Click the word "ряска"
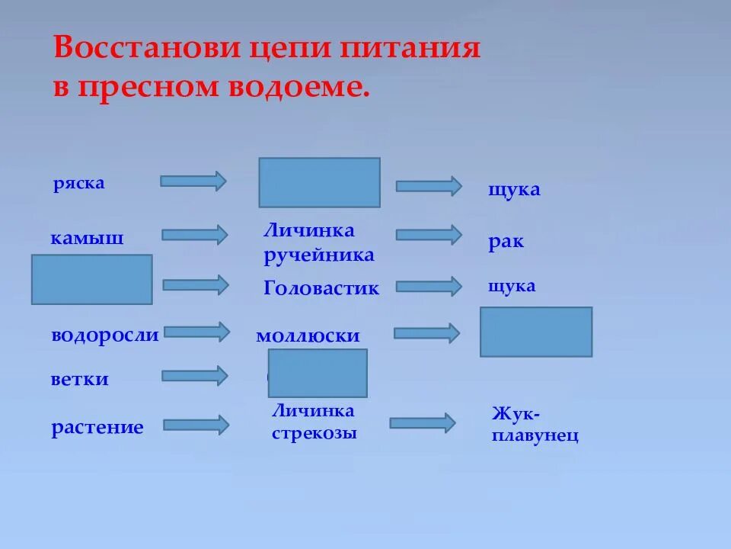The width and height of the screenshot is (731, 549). (78, 184)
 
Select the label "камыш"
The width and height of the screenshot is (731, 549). (87, 238)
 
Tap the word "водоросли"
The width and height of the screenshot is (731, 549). (105, 335)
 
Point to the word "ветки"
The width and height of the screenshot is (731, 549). (80, 379)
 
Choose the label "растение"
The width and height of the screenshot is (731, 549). (97, 427)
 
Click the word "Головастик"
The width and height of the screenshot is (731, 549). (321, 288)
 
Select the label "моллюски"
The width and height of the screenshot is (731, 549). (307, 336)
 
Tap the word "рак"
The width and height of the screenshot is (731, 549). (506, 242)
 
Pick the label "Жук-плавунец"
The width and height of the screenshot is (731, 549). (535, 425)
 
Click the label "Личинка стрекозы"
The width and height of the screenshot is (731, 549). (314, 422)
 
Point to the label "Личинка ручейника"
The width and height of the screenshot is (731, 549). (318, 242)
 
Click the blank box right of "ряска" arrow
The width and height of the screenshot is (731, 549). (319, 182)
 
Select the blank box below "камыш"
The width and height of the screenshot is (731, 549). (91, 280)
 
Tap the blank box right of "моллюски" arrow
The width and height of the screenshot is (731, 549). (535, 332)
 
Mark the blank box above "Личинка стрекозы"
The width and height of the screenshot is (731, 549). (318, 373)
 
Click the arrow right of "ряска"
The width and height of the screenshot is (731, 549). (193, 181)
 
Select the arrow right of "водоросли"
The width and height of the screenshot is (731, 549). (196, 332)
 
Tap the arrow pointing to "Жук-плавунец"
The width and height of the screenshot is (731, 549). (422, 422)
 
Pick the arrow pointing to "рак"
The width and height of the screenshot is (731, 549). (428, 235)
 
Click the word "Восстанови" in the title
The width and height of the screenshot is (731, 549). (146, 49)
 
